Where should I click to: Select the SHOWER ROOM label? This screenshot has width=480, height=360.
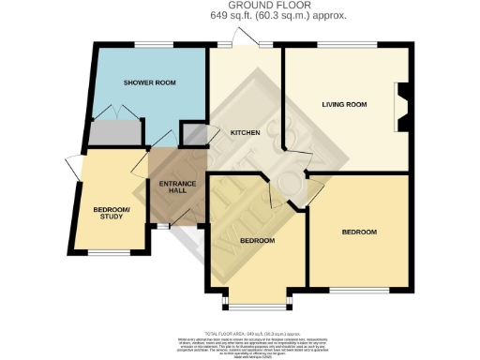[x=150, y=83]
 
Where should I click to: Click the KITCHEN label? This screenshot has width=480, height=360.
[x=245, y=132]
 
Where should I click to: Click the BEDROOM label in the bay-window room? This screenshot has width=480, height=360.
[x=256, y=240]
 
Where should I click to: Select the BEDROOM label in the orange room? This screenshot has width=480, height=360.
[x=358, y=232]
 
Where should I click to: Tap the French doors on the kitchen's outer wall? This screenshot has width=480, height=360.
[x=246, y=39]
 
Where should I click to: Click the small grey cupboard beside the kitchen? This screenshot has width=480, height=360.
[x=194, y=134]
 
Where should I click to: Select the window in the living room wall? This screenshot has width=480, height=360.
[x=346, y=44]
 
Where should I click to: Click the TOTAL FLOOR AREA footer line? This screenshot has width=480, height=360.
[x=240, y=333]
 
